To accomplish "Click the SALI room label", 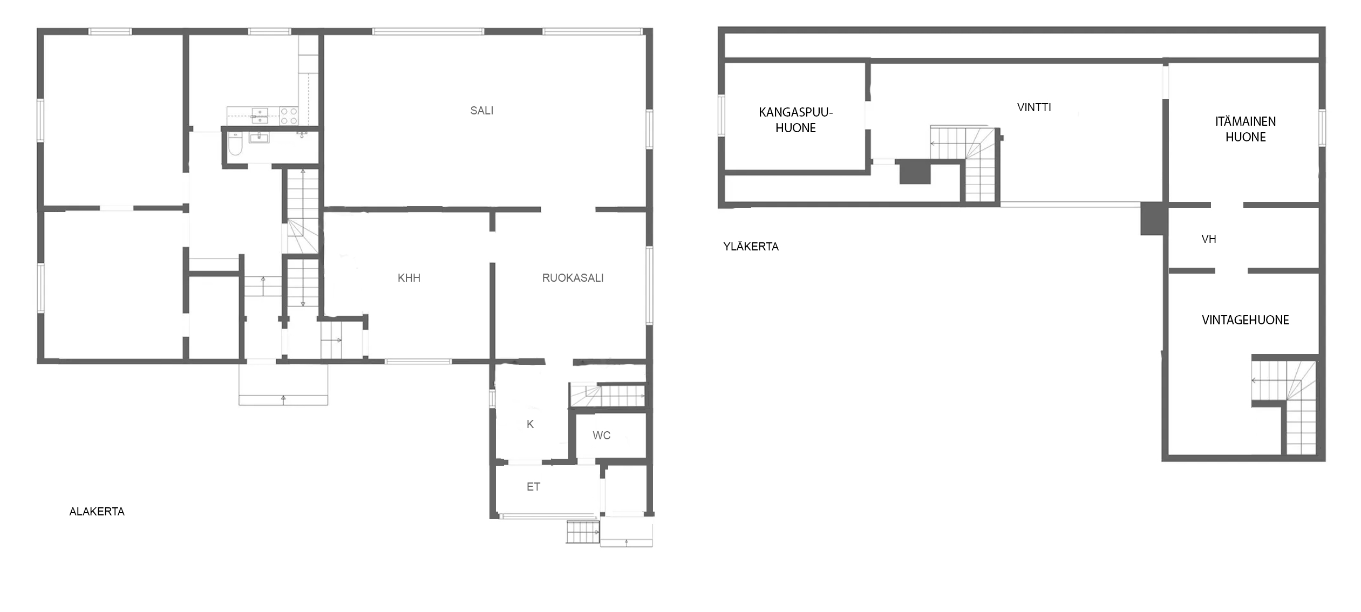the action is [x=481, y=111].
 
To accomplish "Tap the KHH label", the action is [x=409, y=278].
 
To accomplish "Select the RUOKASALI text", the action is [x=573, y=278].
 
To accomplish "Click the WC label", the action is [x=601, y=436].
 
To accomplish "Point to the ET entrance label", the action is [x=533, y=487].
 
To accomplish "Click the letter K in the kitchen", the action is [x=530, y=424].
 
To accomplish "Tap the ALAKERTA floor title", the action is [x=97, y=512].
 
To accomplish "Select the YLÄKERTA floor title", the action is [x=751, y=247].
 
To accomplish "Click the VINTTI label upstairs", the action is [x=1034, y=107].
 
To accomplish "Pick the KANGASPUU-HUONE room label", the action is [x=795, y=120].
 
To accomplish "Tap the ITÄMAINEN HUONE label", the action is [x=1246, y=129].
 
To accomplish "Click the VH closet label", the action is [x=1209, y=239].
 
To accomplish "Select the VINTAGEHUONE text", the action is [x=1246, y=320].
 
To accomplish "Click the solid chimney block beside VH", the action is [x=1154, y=218].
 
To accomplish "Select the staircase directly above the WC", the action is [x=608, y=395].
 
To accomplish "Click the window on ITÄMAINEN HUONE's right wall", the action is [x=1322, y=127].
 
